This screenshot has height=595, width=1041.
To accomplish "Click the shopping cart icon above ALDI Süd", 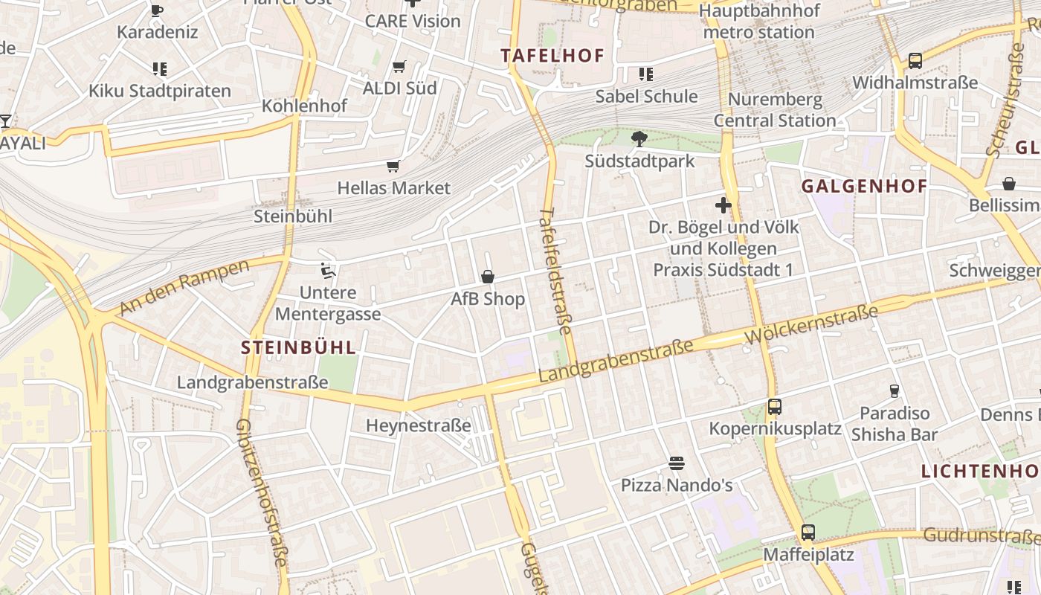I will tap(399, 67).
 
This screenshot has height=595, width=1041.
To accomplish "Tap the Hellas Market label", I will tap(393, 187).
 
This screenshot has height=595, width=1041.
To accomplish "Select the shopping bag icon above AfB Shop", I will tap(488, 277).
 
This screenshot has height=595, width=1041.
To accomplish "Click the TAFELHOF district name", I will tap(552, 55).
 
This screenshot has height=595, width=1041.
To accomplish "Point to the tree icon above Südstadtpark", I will tap(638, 138).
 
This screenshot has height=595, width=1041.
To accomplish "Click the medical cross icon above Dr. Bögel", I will tap(723, 205).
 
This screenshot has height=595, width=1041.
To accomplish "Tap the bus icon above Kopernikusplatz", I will tap(775, 407).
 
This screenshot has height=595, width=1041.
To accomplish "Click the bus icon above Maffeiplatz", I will tap(808, 533).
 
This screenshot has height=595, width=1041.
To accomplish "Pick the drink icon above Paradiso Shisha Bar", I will tap(895, 390).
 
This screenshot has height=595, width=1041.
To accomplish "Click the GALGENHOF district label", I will tap(864, 186).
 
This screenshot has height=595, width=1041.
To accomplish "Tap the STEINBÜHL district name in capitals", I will tap(299, 347).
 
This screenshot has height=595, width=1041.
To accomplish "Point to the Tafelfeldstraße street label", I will tap(555, 271).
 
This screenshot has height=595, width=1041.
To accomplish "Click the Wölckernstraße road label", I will tap(810, 325).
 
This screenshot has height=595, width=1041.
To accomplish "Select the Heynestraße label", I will tap(419, 425).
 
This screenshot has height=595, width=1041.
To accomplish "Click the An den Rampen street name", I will tap(184, 286).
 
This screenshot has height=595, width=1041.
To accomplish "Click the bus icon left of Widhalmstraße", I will tap(915, 61).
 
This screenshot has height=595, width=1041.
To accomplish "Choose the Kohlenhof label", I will tap(304, 106).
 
